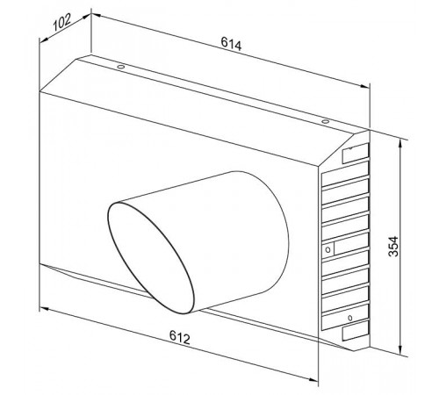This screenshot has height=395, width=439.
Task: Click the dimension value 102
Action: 62,23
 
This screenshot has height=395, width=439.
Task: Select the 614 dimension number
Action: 231,44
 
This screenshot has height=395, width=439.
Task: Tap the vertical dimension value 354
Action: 393,247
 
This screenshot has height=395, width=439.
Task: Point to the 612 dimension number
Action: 180,337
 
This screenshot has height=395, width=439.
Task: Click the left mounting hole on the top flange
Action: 120,67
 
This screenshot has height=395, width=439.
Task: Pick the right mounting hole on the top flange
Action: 325,121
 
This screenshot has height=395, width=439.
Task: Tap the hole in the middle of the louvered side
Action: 328,249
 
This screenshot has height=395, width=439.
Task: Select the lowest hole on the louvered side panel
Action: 350,318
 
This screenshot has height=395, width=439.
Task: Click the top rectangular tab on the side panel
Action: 356,153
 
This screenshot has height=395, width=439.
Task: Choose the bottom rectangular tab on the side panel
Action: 356,330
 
